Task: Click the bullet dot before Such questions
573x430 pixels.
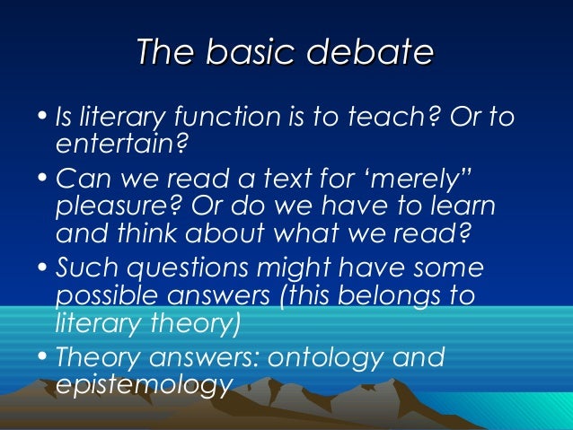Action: pyautogui.click(x=46, y=270)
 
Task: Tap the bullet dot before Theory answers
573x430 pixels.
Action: pyautogui.click(x=46, y=358)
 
